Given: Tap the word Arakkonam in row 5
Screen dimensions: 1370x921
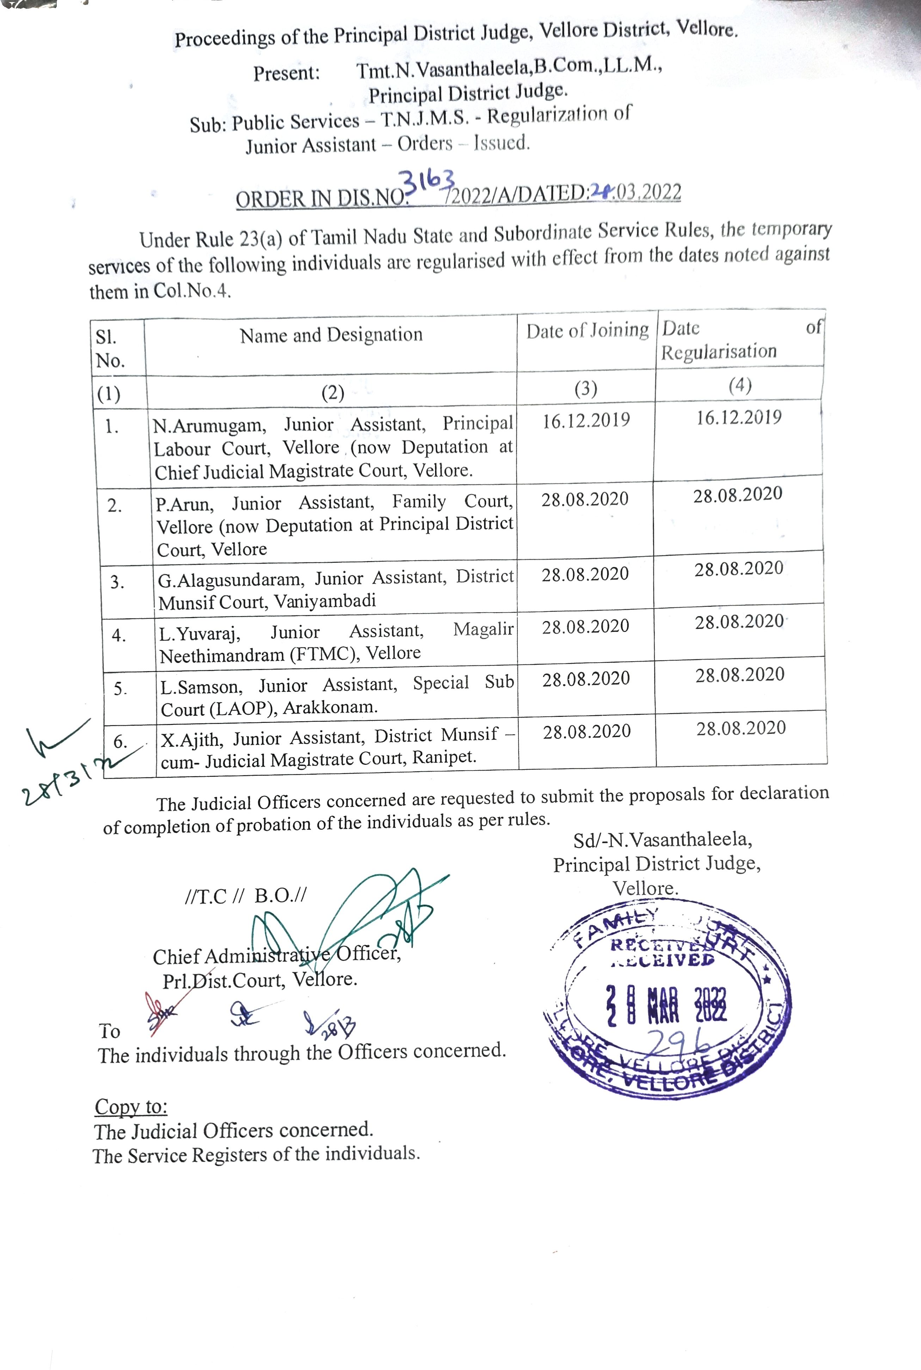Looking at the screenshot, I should [x=330, y=707].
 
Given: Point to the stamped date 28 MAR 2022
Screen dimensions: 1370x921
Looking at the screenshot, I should [x=666, y=1005].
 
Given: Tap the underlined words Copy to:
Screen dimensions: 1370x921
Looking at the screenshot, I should [x=131, y=1107].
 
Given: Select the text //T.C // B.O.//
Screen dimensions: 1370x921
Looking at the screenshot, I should [x=245, y=896].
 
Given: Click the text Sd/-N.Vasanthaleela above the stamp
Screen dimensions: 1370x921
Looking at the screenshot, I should [x=663, y=840].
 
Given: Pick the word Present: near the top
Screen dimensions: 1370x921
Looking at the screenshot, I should [x=287, y=73].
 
